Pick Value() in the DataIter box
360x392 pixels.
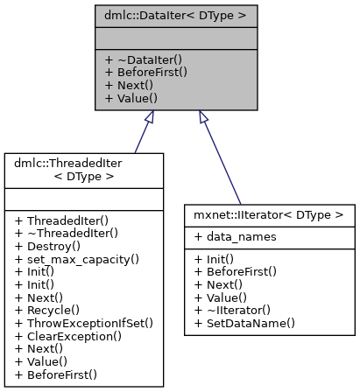coord(130,100)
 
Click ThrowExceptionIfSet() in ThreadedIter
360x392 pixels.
coord(84,323)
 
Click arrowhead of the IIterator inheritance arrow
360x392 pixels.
coord(202,116)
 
